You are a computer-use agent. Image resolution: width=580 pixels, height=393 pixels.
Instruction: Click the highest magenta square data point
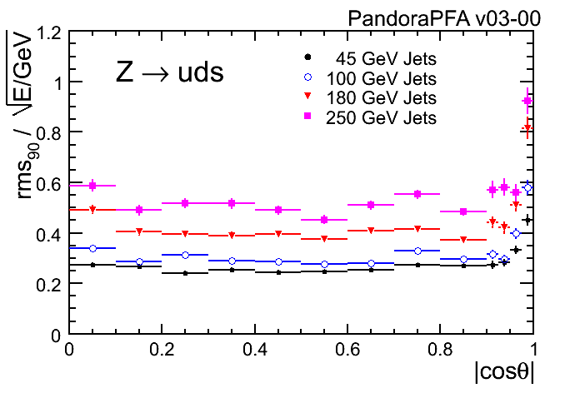pos(527,101)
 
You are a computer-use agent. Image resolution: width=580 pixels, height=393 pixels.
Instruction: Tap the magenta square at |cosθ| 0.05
pos(92,186)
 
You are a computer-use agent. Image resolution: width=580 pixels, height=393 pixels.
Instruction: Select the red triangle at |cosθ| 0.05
pos(92,210)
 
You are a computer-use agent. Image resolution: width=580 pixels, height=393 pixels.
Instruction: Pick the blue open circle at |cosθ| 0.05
pos(92,248)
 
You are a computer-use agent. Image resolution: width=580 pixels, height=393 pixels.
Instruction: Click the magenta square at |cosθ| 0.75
pos(417,194)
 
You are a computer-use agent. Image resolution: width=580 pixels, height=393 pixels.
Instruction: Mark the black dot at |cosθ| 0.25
pos(185,273)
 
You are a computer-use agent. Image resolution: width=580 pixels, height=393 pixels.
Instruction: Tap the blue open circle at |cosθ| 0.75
pos(417,251)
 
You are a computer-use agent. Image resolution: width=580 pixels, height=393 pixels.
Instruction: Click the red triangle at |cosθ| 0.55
pos(325,239)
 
